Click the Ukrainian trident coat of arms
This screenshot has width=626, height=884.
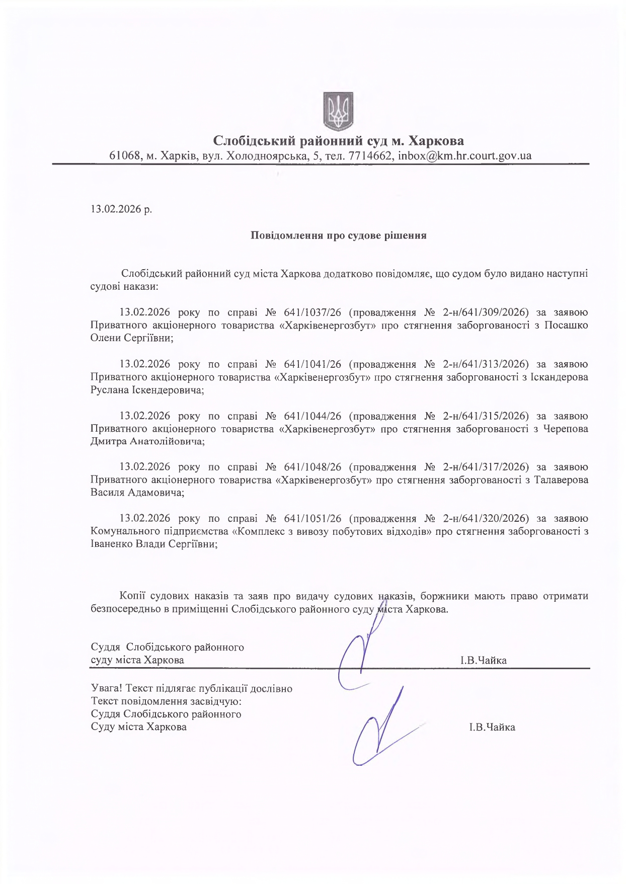click(x=338, y=110)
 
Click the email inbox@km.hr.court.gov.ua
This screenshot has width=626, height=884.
click(x=464, y=156)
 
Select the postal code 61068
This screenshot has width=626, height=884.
click(x=124, y=156)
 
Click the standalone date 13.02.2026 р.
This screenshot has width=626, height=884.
click(x=121, y=209)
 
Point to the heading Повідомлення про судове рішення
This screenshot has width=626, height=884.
click(x=338, y=235)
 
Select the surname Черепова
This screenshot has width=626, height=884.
click(x=566, y=429)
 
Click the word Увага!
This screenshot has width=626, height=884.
click(x=107, y=689)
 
